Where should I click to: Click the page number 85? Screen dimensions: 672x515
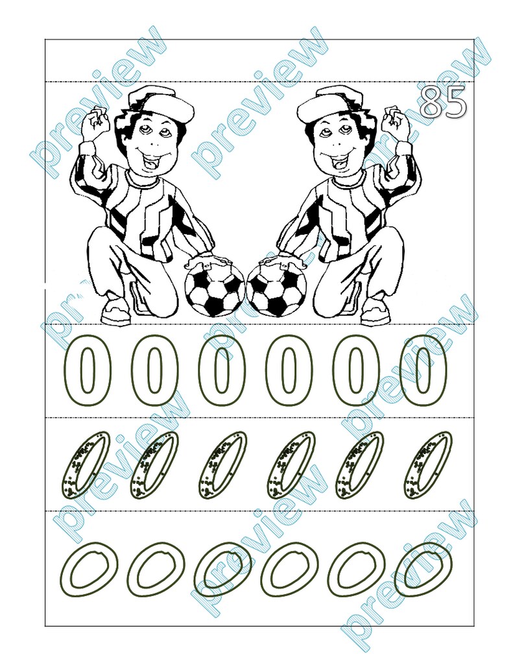click(x=443, y=102)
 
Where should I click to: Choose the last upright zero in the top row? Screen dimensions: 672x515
click(x=423, y=371)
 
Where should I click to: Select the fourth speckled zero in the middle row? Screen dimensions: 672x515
click(x=291, y=465)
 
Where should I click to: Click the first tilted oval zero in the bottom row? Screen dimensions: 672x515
click(x=93, y=569)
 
